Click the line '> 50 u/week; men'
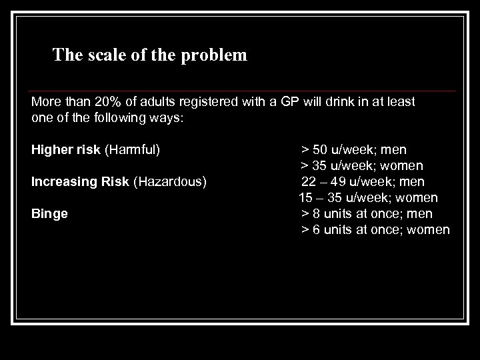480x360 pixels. click(x=353, y=149)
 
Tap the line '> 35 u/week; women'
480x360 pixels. click(x=362, y=165)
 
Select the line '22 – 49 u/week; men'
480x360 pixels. click(x=363, y=181)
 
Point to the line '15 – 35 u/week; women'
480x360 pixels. click(x=368, y=198)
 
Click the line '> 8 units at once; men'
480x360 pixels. click(x=367, y=214)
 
